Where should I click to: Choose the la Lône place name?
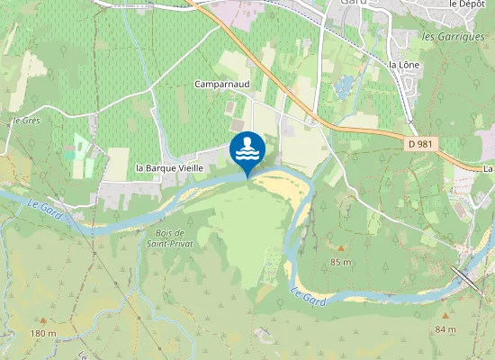(x=404, y=65)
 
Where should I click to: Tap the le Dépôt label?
(x=466, y=4)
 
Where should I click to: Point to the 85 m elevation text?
(x=340, y=262)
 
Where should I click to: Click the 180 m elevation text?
(x=42, y=333)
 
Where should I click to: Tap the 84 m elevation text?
(x=445, y=328)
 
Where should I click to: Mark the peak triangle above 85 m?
(x=340, y=247)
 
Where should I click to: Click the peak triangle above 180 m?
(x=42, y=319)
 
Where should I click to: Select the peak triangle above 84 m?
(x=445, y=315)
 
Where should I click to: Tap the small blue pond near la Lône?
(x=344, y=86)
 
